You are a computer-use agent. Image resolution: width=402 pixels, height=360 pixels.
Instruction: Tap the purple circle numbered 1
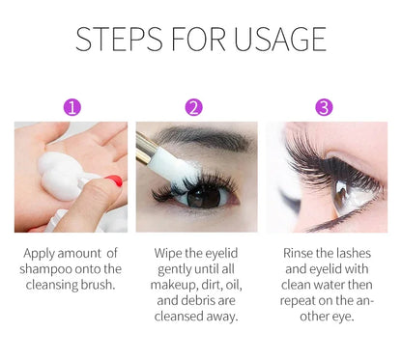pyautogui.click(x=72, y=107)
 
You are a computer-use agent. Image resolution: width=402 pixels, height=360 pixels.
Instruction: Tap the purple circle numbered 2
pyautogui.click(x=194, y=107)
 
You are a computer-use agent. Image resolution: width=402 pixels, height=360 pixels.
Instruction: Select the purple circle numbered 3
pyautogui.click(x=324, y=107)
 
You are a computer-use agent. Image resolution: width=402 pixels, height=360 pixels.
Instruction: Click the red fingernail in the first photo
pyautogui.click(x=112, y=180)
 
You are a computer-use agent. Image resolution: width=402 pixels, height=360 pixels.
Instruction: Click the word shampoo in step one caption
pyautogui.click(x=46, y=269)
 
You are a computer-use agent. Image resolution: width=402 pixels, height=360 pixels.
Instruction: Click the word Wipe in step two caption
pyautogui.click(x=168, y=253)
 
